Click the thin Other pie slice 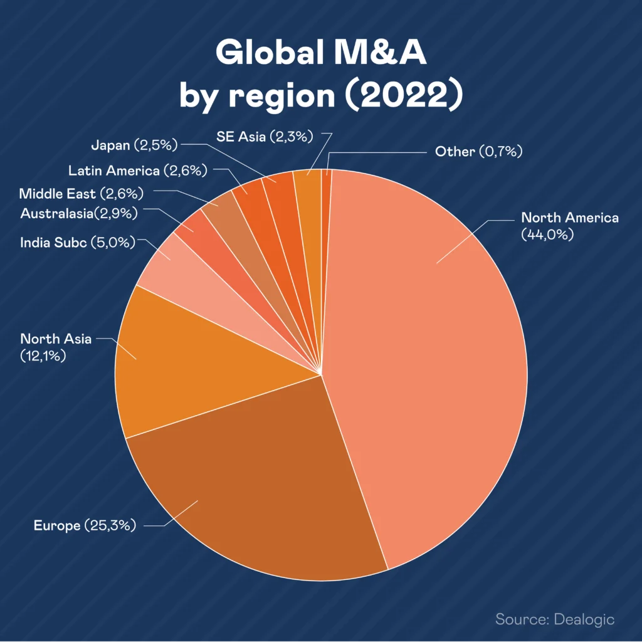pos(326,179)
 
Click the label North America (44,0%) pos(570,226)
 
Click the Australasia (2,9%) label pos(79,214)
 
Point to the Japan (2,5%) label pos(134,146)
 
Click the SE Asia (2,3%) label pos(265,136)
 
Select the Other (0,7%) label pos(478,151)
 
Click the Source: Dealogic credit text pos(555,619)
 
